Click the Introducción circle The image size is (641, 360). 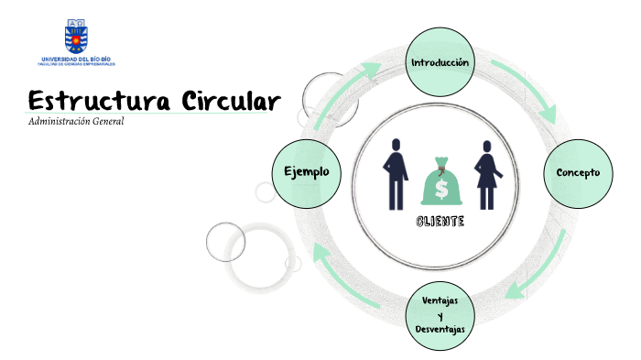440,62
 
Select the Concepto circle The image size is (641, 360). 578,172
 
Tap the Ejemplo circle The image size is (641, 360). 306,172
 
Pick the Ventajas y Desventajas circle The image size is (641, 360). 440,315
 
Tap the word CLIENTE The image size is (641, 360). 440,222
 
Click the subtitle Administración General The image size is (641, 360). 76,122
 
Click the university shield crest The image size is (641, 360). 77,35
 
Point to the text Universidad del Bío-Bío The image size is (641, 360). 77,59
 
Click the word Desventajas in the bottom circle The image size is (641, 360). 440,329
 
